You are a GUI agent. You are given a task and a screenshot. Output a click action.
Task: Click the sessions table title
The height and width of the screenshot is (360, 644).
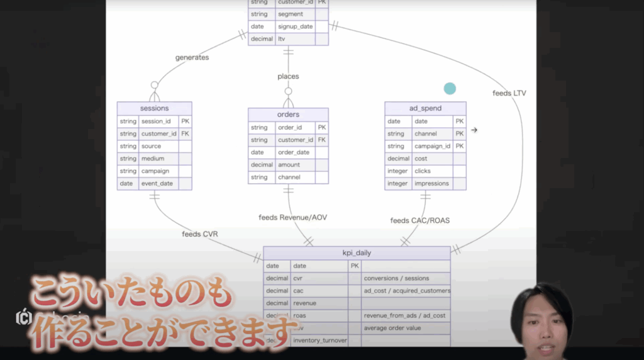coord(154,108)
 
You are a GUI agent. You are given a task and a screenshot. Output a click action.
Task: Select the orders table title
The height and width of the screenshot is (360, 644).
coord(288,115)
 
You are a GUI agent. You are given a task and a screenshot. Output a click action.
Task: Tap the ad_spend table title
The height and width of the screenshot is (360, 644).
coord(425,108)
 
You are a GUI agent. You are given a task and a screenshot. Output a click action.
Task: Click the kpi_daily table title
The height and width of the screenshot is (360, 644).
coord(357,253)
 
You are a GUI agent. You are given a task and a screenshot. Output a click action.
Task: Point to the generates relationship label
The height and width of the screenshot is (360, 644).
coord(192,57)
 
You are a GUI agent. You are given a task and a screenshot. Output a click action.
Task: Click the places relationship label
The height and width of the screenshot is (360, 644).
coord(288,76)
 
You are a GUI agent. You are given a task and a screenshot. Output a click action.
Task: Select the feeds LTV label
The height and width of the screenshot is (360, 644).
coord(509,93)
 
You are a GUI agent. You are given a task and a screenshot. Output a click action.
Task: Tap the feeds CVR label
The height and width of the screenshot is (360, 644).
coord(200,234)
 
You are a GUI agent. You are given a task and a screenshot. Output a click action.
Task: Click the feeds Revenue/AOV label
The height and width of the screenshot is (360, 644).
coord(292,217)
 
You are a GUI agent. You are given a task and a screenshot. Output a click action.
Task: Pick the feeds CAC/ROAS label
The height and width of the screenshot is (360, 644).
coord(419,220)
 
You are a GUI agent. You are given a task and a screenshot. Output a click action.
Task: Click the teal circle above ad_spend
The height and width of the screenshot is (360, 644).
coord(450,89)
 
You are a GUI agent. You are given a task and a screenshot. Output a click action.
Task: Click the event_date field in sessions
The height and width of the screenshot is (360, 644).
coord(157,184)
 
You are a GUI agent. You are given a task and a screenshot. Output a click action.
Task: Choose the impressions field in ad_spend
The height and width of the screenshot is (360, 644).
coord(431,184)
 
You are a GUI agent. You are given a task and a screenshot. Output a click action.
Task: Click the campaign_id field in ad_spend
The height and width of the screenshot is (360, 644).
coord(433,146)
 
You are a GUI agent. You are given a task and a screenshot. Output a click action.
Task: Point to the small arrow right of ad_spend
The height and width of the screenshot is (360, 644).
coord(474,130)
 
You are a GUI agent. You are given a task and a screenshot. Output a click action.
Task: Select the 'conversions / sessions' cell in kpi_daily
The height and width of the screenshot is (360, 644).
coord(396,278)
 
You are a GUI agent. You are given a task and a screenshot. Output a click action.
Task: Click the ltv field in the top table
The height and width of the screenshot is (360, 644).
coord(282,39)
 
